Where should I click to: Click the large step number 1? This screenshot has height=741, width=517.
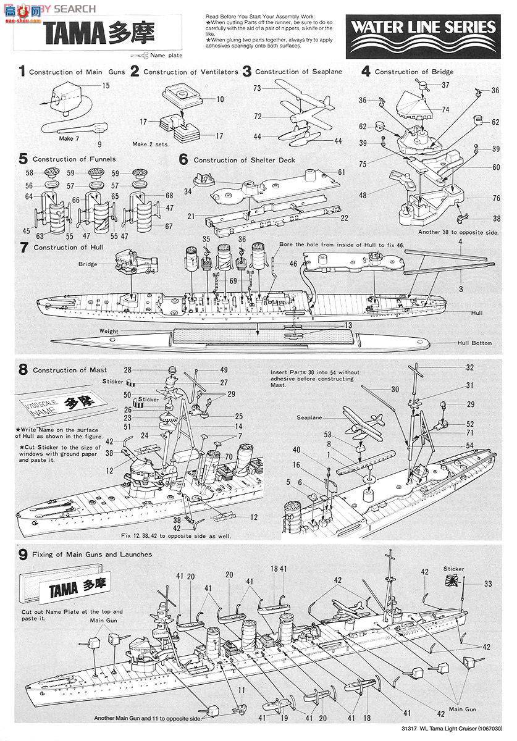(22, 72)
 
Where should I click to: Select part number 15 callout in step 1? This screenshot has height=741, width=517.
(106, 85)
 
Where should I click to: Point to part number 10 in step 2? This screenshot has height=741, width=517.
(221, 99)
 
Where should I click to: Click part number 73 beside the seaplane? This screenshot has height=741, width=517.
(257, 88)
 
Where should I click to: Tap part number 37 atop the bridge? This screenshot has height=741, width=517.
(445, 85)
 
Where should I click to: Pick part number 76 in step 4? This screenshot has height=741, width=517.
(479, 198)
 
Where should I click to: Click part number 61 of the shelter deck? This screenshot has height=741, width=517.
(342, 172)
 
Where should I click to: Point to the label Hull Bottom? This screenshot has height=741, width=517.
(473, 343)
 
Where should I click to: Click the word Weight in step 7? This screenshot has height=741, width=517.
(108, 331)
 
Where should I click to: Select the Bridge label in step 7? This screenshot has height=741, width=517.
(88, 264)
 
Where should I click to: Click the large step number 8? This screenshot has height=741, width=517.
(23, 370)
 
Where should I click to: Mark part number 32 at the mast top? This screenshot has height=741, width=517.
(470, 367)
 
